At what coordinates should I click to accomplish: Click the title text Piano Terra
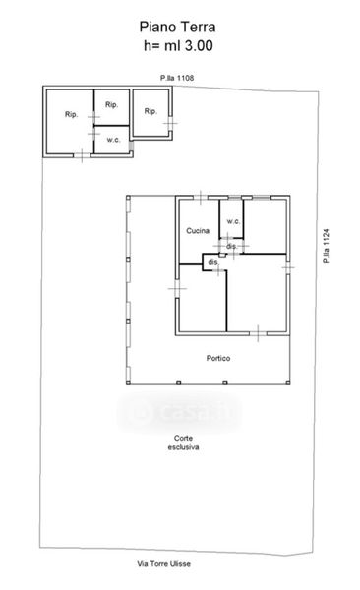pyautogui.click(x=177, y=28)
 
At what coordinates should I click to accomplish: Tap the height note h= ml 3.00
pyautogui.click(x=178, y=46)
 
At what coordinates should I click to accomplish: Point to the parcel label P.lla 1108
pyautogui.click(x=177, y=78)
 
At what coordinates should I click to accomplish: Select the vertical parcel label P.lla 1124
pyautogui.click(x=326, y=246)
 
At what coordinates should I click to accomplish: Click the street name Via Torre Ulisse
pyautogui.click(x=164, y=563)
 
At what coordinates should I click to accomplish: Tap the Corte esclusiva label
pyautogui.click(x=183, y=442)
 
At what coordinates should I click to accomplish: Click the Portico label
pyautogui.click(x=218, y=358)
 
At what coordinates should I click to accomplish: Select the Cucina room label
pyautogui.click(x=198, y=231)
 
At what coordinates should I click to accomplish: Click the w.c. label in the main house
pyautogui.click(x=233, y=221)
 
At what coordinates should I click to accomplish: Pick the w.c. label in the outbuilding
pyautogui.click(x=113, y=140)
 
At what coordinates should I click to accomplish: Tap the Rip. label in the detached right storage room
pyautogui.click(x=150, y=111)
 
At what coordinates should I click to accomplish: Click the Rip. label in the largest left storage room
pyautogui.click(x=71, y=114)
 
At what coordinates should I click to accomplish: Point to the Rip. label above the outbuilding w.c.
pyautogui.click(x=111, y=104)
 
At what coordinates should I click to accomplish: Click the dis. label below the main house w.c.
pyautogui.click(x=232, y=246)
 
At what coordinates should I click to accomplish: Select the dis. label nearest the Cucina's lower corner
pyautogui.click(x=213, y=262)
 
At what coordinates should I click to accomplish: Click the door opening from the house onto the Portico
pyautogui.click(x=258, y=333)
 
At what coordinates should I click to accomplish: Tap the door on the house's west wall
pyautogui.click(x=177, y=288)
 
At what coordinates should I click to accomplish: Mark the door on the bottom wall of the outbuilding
pyautogui.click(x=82, y=155)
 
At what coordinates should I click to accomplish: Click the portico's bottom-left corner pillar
pyautogui.click(x=129, y=383)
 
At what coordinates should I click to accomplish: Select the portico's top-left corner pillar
pyautogui.click(x=129, y=198)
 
